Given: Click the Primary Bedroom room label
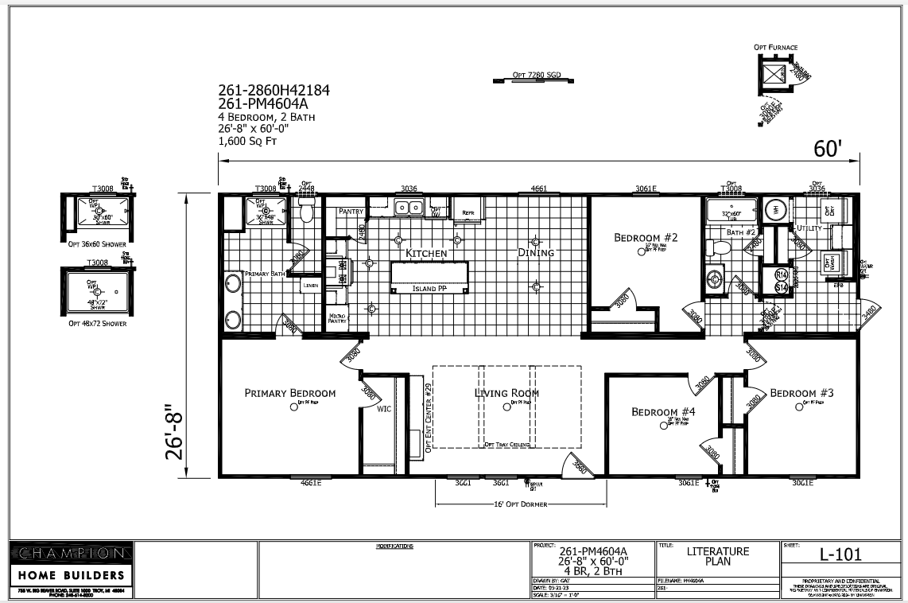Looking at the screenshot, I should [x=289, y=393].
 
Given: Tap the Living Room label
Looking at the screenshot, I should [x=506, y=393].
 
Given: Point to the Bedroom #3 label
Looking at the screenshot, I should [x=801, y=393].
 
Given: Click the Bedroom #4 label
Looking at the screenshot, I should [x=663, y=411].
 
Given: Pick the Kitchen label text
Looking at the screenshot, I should [x=426, y=253].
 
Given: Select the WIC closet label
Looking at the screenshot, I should [x=384, y=410].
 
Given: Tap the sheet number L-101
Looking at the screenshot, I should [x=841, y=554].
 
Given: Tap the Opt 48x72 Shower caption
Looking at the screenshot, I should [x=97, y=324].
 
